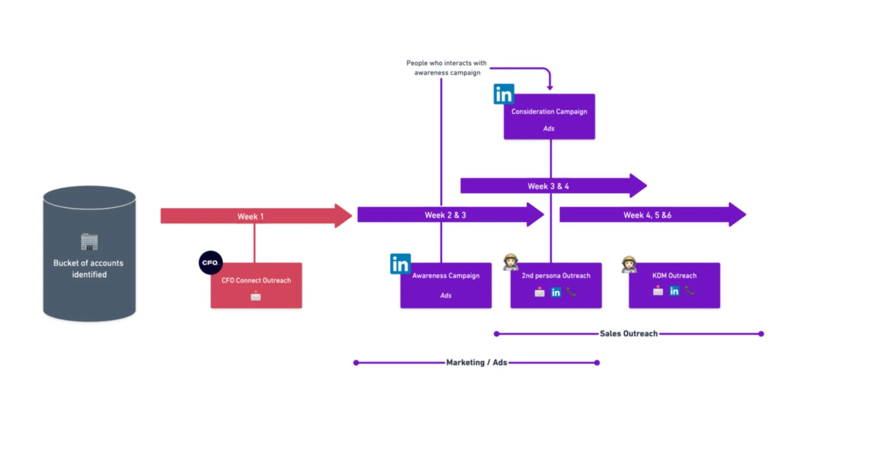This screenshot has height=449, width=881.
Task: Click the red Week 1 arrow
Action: pos(256,216)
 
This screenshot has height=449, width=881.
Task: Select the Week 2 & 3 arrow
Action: pos(451,215)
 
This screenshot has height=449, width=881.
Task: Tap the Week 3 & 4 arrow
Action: pos(554,186)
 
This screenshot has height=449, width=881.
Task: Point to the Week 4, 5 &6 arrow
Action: pos(653,215)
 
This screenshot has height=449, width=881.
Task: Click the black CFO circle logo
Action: pos(210,262)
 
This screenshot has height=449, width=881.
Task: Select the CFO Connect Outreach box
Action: pos(256,286)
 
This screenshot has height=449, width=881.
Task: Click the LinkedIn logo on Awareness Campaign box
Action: pos(400,264)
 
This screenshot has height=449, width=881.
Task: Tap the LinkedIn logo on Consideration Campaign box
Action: pos(504,94)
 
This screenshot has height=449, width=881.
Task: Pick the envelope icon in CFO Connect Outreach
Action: pos(256,296)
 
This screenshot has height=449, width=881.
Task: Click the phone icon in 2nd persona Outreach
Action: pos(571,292)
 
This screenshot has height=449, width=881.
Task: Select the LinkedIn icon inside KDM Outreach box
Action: pos(674,291)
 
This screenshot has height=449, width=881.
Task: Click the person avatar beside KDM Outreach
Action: pos(629,264)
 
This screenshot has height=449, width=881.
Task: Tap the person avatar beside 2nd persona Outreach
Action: pos(511,262)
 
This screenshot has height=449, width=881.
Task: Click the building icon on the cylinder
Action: pos(89,242)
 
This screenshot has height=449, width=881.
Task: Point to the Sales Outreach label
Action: pos(628,333)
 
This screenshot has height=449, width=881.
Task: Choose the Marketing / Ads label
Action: pos(477,362)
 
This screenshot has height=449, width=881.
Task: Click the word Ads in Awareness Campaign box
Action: pos(446,295)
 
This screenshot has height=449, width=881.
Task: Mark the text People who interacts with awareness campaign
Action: pos(447,68)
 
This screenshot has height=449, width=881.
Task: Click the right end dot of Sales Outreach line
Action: pos(761,334)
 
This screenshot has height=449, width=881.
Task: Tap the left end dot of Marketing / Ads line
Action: pos(356,363)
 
